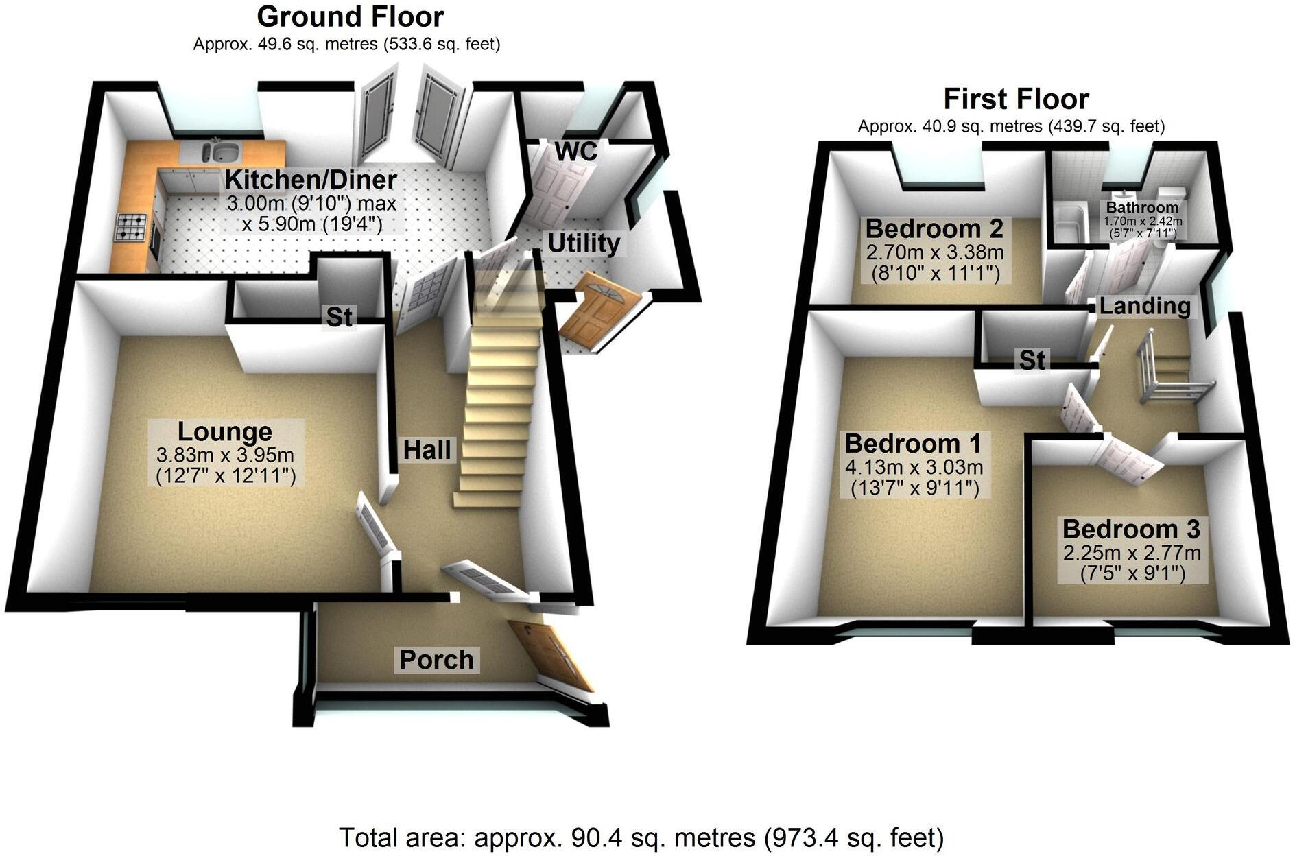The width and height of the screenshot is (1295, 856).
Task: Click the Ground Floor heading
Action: pos(350,16)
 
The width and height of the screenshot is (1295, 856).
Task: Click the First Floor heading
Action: pos(1016,99)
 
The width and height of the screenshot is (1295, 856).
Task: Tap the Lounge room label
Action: pos(225,431)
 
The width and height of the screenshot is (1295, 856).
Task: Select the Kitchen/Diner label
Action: pos(311,180)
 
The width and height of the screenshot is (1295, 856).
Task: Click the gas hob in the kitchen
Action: pos(132,226)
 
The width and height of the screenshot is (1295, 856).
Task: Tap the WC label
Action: pos(576,151)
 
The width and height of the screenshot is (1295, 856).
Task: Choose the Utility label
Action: pos(584,243)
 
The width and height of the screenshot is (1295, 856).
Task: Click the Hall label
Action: pos(427,450)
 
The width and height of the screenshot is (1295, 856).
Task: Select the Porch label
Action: pos(436,660)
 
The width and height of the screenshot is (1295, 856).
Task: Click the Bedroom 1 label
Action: pos(913,444)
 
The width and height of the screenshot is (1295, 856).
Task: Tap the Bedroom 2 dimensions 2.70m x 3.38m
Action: pos(935,252)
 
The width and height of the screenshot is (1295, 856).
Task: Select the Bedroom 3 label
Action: pos(1131,530)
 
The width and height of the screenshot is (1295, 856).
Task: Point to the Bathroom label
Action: pos(1142,207)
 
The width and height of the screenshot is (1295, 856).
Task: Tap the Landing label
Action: pos(1145,306)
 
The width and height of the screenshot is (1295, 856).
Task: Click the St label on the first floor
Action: pos(1032,360)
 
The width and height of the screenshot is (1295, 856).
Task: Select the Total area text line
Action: pos(641,837)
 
